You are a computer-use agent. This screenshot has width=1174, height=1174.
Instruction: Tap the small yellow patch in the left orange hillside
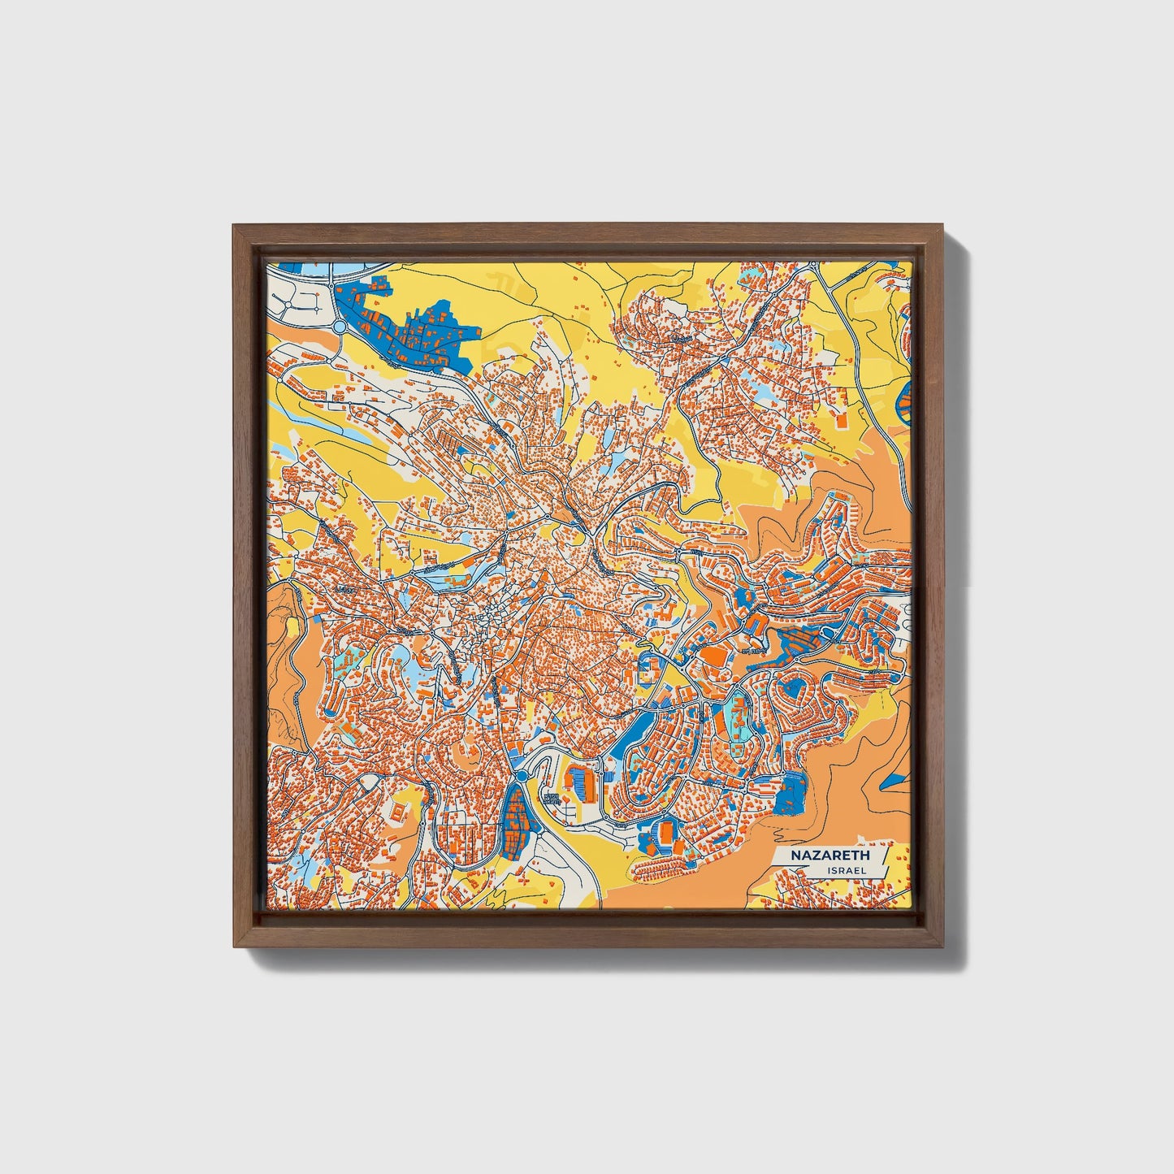291,627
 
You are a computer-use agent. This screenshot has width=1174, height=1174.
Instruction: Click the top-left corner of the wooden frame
234,227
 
